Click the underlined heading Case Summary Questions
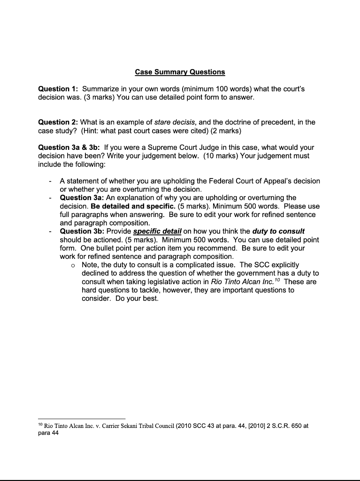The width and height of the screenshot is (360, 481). point(180,72)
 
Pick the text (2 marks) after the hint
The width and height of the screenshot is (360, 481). point(223,131)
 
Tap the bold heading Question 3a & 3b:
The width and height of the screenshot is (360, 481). point(69,147)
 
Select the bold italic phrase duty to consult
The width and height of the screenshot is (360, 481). point(278,231)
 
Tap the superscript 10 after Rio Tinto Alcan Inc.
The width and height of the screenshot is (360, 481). point(276,280)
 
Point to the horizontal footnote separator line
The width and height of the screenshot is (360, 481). point(82,418)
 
